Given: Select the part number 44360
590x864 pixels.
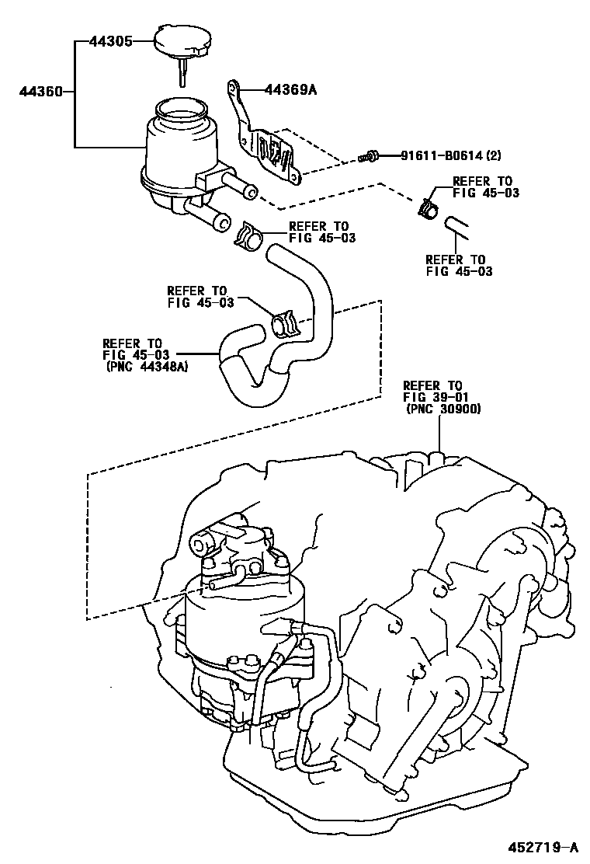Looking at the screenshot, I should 41,92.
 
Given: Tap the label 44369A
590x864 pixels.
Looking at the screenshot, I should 291,90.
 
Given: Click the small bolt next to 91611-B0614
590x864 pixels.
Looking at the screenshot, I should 370,158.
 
